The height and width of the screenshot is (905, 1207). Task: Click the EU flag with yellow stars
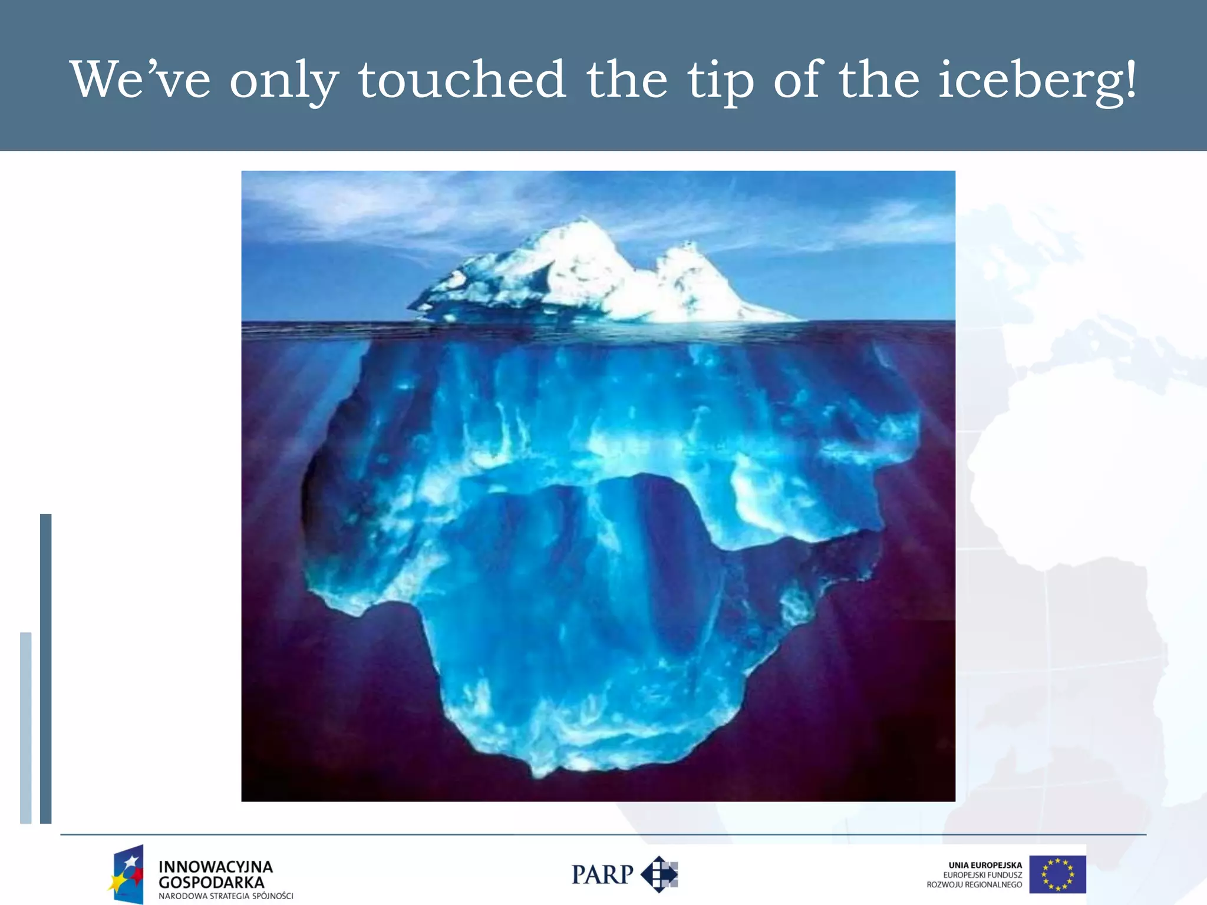pyautogui.click(x=1057, y=874)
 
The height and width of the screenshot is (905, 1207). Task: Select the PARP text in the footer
pyautogui.click(x=602, y=875)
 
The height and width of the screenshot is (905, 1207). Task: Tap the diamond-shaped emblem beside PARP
pyautogui.click(x=659, y=874)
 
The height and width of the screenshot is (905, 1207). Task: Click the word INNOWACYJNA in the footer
pyautogui.click(x=215, y=867)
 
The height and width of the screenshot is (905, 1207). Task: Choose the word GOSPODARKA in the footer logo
pyautogui.click(x=211, y=883)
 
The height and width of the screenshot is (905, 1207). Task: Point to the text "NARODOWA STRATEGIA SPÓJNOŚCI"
pyautogui.click(x=226, y=896)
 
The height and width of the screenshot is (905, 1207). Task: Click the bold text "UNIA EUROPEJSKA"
pyautogui.click(x=985, y=865)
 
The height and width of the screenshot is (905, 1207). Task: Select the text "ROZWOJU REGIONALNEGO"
pyautogui.click(x=974, y=884)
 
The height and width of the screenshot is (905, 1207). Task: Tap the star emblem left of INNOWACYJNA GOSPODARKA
pyautogui.click(x=127, y=874)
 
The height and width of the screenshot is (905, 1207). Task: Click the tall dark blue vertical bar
pyautogui.click(x=45, y=668)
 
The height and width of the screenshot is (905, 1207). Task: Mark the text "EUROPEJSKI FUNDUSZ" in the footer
pyautogui.click(x=982, y=875)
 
